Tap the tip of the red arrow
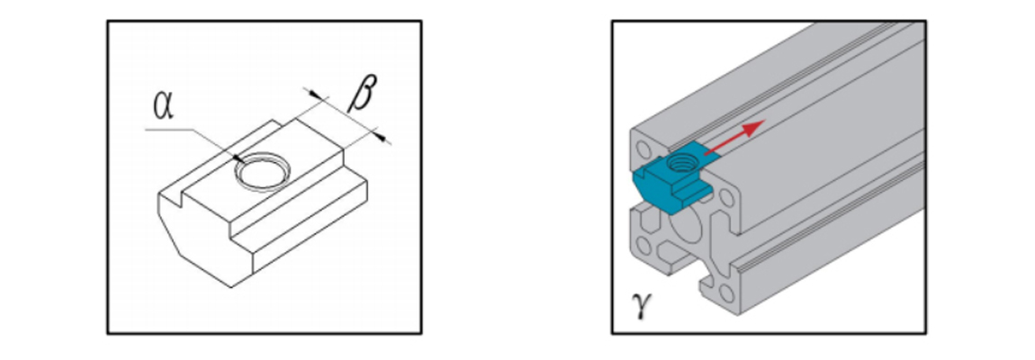point(762,121)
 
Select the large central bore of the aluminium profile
point(688,232)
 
